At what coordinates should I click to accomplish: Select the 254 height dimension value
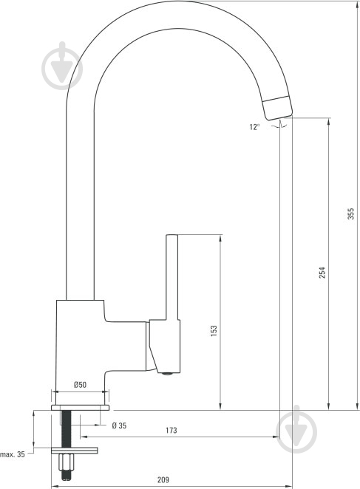coord(322,273)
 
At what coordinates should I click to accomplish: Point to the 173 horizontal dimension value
coord(171,430)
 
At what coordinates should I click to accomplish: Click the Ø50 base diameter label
coord(80,385)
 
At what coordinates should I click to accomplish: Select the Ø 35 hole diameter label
coord(119,425)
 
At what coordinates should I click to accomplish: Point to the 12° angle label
coord(254,127)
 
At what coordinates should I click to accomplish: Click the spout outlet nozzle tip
coord(278,108)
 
